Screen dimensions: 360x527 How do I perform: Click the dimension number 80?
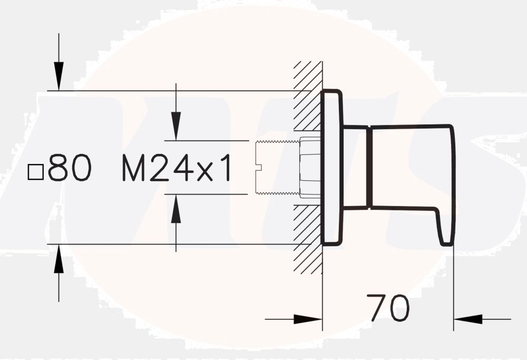pos(70,169)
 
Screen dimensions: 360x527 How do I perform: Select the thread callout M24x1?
pos(177,169)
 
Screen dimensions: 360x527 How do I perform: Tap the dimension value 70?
pos(388,308)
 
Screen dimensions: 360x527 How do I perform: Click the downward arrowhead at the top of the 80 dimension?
pos(58,76)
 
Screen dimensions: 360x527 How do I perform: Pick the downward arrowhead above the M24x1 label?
pos(176,127)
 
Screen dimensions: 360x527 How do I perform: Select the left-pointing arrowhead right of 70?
pos(468,319)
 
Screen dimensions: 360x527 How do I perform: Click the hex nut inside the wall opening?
pos(310,168)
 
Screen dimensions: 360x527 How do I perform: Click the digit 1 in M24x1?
pos(225,169)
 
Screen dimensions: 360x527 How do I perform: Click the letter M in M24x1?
pos(134,169)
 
